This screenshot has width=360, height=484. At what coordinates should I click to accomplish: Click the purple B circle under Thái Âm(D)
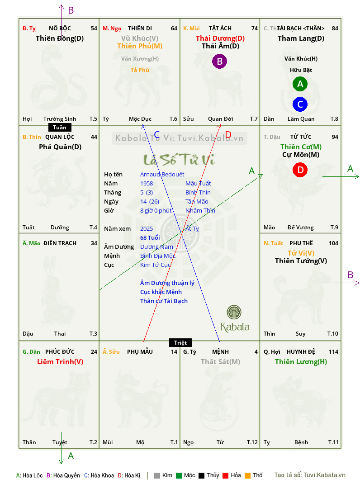219,61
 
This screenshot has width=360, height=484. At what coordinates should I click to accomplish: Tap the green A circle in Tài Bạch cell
300,84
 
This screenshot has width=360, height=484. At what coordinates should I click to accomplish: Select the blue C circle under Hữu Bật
300,104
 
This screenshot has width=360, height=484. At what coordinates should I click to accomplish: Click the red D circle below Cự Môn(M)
300,170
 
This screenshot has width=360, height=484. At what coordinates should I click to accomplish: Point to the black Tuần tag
59,128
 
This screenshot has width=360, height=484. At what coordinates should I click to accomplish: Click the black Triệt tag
180,342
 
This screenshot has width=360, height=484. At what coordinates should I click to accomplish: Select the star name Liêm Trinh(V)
60,362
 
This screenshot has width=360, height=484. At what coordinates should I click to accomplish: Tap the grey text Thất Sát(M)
220,362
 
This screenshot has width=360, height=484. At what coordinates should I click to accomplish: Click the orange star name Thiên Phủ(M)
140,46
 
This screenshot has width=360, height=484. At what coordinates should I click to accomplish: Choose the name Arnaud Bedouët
162,175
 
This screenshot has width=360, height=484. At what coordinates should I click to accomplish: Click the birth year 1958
147,184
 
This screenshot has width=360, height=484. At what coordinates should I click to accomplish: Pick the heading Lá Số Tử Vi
179,160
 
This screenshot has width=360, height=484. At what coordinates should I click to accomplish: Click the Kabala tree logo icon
234,313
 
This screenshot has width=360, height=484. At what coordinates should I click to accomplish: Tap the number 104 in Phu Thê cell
333,243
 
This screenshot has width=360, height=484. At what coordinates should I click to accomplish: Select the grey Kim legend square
157,475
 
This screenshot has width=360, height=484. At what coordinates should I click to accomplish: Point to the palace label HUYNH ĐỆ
299,352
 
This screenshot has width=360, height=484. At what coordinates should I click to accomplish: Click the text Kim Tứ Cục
156,265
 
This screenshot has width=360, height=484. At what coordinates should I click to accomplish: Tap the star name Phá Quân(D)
60,147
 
